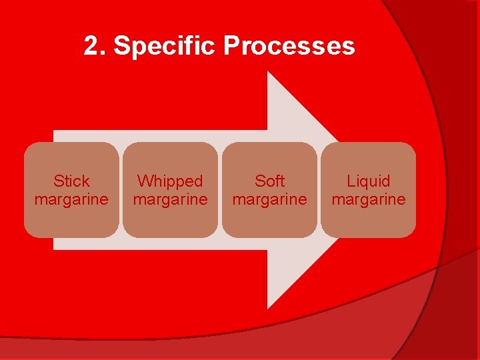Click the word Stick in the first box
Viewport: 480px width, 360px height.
point(71,181)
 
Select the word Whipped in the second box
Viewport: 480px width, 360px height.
point(170,181)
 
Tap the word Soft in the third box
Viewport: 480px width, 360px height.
point(269,181)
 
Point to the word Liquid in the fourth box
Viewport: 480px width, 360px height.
point(369,181)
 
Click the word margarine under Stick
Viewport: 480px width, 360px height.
point(71,199)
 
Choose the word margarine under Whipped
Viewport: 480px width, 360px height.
point(170,199)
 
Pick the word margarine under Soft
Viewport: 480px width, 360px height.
point(269,199)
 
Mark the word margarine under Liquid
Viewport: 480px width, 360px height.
point(369,199)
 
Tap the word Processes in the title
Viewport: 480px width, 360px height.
point(289,47)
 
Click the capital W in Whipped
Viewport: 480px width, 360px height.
point(144,181)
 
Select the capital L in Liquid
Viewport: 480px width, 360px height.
point(351,181)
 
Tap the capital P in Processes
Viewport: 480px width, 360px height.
point(231,47)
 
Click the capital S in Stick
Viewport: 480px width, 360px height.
point(58,181)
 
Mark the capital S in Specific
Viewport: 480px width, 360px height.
point(121,47)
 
